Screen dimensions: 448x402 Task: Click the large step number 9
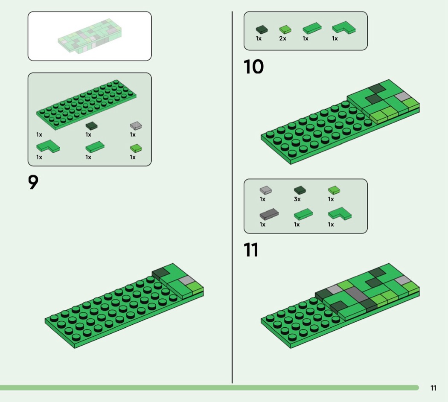point(33,182)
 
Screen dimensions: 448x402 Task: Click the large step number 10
point(253,67)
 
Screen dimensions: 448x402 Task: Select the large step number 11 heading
point(251,250)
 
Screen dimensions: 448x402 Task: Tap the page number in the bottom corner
point(433,388)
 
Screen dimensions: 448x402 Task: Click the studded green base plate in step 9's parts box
point(86,105)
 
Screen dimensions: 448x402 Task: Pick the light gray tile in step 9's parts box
point(136,125)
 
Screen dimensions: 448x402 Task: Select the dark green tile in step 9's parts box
point(91,126)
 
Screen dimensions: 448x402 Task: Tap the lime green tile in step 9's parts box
point(136,148)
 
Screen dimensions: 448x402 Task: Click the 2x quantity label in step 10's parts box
point(282,38)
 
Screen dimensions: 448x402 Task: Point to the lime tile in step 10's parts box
point(285,29)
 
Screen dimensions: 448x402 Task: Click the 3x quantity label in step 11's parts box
point(297,199)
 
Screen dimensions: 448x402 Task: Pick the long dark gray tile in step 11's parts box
point(269,214)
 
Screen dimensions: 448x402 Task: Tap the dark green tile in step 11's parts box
point(300,190)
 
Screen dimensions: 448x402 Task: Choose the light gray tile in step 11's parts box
point(266,190)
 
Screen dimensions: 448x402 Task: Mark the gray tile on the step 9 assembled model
point(186,280)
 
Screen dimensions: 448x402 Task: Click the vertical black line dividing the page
point(232,197)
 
